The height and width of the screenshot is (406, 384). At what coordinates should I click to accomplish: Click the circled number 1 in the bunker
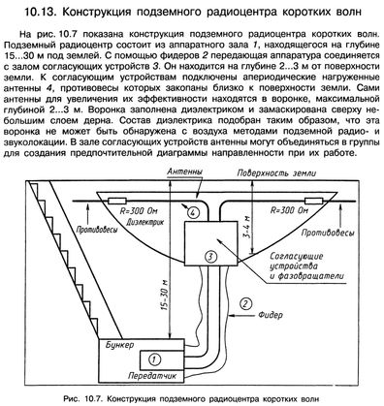[154, 359]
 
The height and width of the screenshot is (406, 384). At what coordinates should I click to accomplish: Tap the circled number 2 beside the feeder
[245, 304]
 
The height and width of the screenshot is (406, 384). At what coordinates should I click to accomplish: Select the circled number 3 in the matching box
[210, 257]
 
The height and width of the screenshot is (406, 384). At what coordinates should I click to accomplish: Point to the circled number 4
[193, 213]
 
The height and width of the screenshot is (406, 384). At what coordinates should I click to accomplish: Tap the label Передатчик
[152, 376]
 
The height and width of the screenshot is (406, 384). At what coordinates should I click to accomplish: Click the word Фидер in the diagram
[271, 315]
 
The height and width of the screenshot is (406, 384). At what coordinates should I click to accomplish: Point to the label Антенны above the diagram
[185, 172]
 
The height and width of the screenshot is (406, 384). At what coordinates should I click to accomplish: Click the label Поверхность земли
[276, 173]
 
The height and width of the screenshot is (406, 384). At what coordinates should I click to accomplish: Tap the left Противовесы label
[97, 230]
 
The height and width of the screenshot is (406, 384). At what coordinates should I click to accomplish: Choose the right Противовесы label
[328, 234]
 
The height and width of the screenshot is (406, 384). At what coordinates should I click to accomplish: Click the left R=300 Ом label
[139, 211]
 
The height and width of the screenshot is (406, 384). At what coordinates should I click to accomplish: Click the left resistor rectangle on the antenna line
[117, 202]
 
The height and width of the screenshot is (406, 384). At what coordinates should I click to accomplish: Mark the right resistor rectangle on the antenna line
[313, 202]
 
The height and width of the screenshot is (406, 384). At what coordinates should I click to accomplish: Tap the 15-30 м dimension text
[165, 296]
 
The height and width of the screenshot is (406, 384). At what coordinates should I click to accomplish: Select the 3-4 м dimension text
[248, 228]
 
